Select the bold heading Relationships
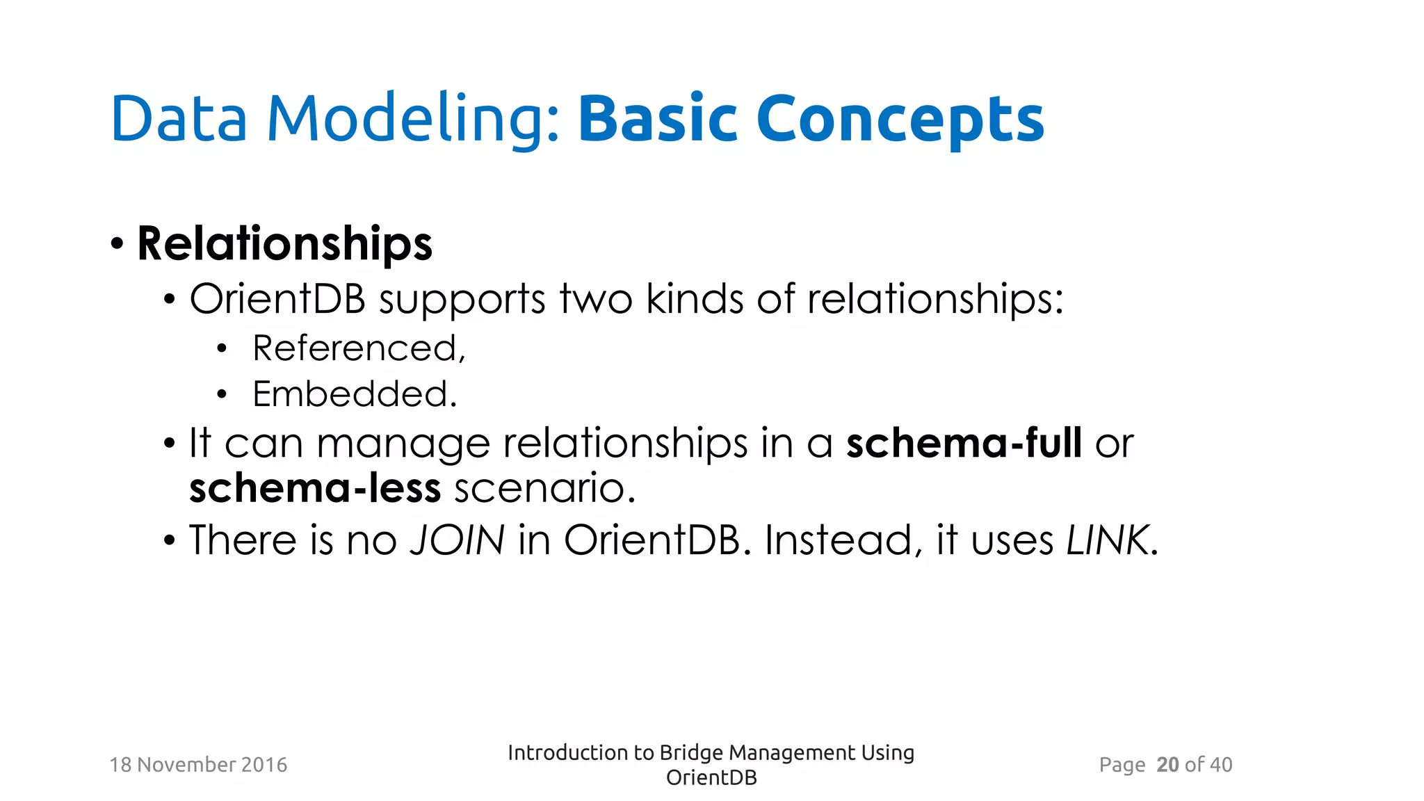click(285, 244)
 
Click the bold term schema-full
click(964, 443)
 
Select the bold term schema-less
click(315, 488)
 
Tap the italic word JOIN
click(458, 540)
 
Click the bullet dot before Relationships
click(117, 245)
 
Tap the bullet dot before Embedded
click(222, 395)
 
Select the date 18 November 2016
click(198, 765)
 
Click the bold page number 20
click(1167, 765)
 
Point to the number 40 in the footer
click(1221, 765)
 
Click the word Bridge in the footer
click(691, 753)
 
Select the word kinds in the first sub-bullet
click(695, 300)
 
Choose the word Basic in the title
click(657, 120)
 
